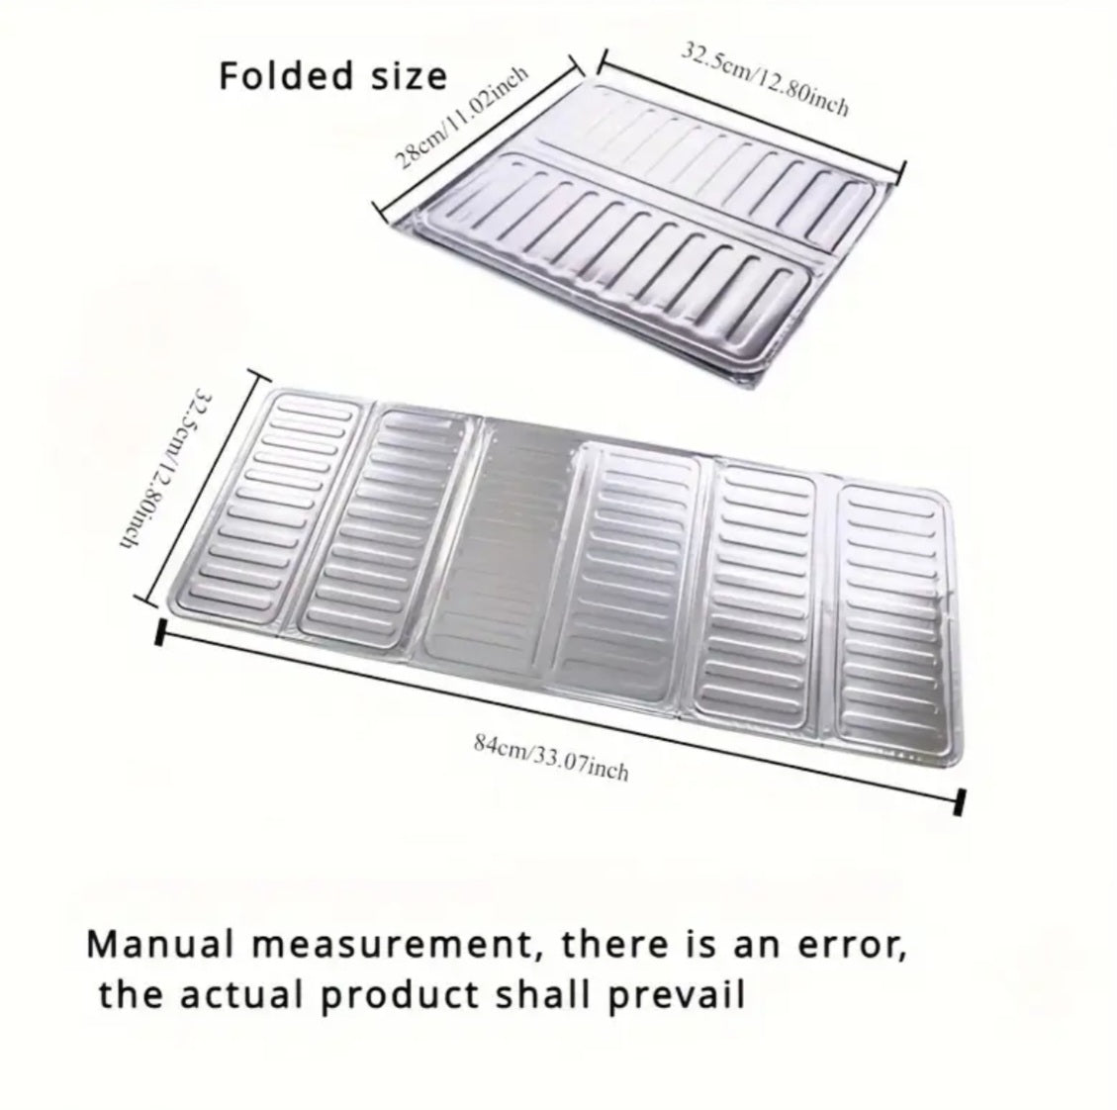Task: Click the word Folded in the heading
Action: (285, 75)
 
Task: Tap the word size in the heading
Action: (408, 76)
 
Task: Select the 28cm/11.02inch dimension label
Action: (462, 117)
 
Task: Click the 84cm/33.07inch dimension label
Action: (551, 757)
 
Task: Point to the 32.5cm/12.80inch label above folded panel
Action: (766, 78)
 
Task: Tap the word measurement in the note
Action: (395, 946)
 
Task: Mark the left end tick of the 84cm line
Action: (160, 632)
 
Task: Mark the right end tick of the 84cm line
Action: (960, 802)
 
